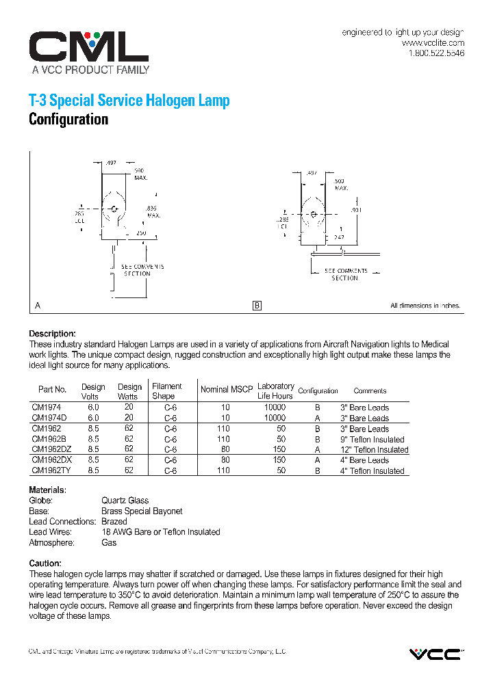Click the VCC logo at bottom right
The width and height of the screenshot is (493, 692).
point(435,654)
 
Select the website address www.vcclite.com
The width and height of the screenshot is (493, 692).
point(433,42)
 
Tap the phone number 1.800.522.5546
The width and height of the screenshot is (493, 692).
point(436,53)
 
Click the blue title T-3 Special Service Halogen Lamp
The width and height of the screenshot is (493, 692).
point(129,101)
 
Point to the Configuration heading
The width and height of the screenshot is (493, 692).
point(68,120)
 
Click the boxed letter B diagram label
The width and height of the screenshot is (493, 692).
point(257,306)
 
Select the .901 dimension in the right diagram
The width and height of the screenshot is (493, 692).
point(356,210)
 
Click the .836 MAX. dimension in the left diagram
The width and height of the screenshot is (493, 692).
point(152,211)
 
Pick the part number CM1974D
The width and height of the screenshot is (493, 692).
point(49,418)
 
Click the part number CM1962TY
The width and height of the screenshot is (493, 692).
point(51,470)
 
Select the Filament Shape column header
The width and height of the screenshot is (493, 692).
point(167,391)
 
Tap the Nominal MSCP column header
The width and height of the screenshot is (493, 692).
point(226,390)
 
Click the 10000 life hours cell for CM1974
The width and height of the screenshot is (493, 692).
point(275,408)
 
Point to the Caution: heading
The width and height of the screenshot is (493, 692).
point(45,563)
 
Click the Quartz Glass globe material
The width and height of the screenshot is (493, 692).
point(125,501)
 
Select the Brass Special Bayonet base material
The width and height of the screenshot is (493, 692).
point(142,511)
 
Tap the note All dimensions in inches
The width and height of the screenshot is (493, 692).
point(425,306)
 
